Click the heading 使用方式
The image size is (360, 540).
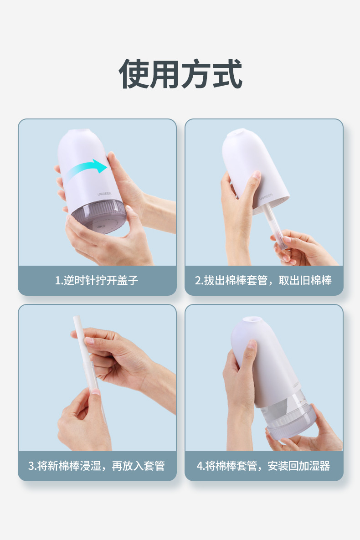click(x=180, y=74)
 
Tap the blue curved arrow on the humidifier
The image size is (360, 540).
click(x=87, y=170)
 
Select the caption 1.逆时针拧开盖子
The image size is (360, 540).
click(x=97, y=280)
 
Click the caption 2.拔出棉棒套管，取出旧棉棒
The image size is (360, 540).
click(x=263, y=280)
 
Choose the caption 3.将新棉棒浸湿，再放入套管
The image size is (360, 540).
click(x=97, y=466)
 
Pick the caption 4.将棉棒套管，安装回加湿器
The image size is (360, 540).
click(x=263, y=466)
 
